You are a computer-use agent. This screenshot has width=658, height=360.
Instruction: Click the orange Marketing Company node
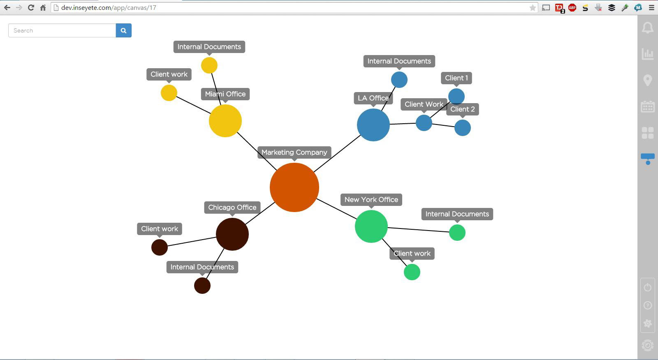tap(294, 187)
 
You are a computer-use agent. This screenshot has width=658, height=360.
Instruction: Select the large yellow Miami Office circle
tap(225, 121)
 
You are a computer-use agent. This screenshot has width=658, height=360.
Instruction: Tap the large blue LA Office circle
tap(373, 125)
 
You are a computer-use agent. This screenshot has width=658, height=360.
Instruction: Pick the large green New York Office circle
tap(371, 226)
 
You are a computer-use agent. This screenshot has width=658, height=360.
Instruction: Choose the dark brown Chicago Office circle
tap(232, 234)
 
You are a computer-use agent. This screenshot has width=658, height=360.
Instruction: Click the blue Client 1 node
tap(456, 96)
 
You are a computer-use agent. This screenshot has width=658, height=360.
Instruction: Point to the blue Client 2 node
tap(463, 128)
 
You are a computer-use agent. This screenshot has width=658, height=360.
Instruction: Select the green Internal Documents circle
tap(457, 233)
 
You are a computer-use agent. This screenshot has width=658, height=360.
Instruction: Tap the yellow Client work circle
tap(169, 93)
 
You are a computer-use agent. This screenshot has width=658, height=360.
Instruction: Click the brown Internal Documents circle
tap(202, 286)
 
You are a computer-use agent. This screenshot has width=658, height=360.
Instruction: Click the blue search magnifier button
tap(124, 30)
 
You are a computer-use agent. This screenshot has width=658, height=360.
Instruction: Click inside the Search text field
tap(62, 30)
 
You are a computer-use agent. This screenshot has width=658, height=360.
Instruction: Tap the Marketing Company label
tap(294, 152)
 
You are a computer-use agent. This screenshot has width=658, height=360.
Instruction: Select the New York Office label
tap(371, 200)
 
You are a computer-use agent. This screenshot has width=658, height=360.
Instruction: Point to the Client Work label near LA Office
tap(424, 104)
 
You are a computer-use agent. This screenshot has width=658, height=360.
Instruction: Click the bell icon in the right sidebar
tap(648, 28)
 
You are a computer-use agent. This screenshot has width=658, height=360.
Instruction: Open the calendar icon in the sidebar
tap(648, 106)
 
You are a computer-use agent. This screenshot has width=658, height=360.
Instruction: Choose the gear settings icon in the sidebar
tap(648, 323)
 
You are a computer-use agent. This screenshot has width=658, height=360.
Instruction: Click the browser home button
tap(43, 8)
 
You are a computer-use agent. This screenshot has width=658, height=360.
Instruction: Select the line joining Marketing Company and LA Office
tap(337, 154)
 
